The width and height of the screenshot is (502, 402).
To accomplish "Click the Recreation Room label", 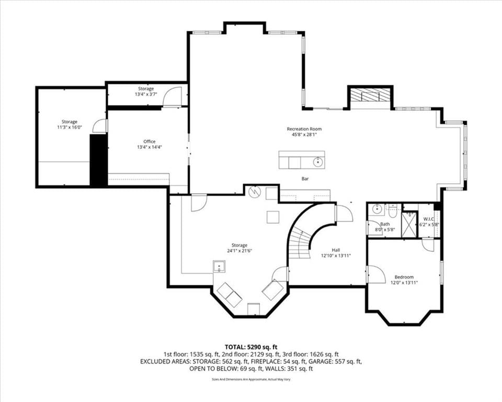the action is (304, 129).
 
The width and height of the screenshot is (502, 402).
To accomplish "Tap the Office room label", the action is (149, 141).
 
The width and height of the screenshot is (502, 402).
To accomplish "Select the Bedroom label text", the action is (404, 277).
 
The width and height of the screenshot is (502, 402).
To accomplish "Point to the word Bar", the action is (305, 179).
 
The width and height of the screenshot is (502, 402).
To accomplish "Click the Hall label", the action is (336, 250).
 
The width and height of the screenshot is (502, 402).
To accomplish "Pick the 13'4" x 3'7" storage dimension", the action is (146, 95).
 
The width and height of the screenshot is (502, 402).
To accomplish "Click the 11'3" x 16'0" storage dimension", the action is (70, 127).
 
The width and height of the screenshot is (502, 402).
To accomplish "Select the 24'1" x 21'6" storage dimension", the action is (239, 251).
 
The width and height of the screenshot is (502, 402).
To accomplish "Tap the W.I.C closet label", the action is (428, 219).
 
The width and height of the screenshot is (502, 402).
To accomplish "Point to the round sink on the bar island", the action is (317, 162).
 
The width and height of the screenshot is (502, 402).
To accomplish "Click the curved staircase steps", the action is (300, 243).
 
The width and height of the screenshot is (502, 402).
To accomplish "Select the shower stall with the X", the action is (410, 224).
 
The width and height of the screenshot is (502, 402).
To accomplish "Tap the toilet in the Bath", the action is (392, 211).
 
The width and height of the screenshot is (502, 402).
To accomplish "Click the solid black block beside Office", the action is (98, 160).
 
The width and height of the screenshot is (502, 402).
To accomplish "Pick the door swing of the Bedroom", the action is (376, 274).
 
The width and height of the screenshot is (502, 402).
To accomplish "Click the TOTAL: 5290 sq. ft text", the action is (250, 347).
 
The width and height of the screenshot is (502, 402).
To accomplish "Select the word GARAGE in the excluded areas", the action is (323, 362).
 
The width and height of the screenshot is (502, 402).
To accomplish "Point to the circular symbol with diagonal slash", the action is (255, 192).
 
